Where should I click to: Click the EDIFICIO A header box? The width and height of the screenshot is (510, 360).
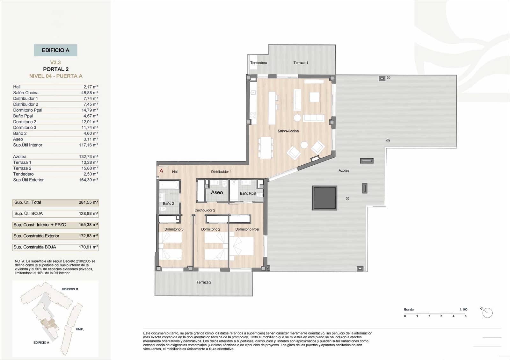[x=55, y=50]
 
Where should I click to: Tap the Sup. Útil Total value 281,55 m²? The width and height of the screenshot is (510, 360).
[x=88, y=202]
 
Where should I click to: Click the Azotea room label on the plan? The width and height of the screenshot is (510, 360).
[x=344, y=170]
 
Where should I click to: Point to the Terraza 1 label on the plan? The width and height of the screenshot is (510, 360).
[x=301, y=63]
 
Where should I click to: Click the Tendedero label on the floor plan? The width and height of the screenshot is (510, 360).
[x=259, y=63]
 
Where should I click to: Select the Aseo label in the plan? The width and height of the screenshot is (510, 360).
[x=217, y=192]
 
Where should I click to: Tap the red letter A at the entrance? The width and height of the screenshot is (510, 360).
[x=161, y=171]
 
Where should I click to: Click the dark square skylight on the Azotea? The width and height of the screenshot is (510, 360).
[x=324, y=198]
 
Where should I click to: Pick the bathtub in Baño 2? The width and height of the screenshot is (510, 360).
[x=170, y=185]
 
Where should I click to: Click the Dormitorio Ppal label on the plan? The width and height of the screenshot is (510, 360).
[x=247, y=229]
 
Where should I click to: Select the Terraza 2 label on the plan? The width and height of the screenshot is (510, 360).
[x=204, y=282]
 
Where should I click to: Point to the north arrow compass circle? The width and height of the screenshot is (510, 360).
[x=487, y=313]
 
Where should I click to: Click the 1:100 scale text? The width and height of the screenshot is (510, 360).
[x=463, y=309]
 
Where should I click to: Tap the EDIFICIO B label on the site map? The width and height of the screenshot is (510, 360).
[x=70, y=289]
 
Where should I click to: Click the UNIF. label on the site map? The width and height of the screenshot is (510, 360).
[x=80, y=329]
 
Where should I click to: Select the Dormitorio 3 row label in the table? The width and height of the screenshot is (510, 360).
[x=25, y=127]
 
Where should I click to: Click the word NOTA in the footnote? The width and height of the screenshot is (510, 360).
[x=20, y=261]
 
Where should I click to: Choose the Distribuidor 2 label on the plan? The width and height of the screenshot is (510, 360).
[x=205, y=210]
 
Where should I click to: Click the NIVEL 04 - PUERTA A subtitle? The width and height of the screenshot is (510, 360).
[x=56, y=76]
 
